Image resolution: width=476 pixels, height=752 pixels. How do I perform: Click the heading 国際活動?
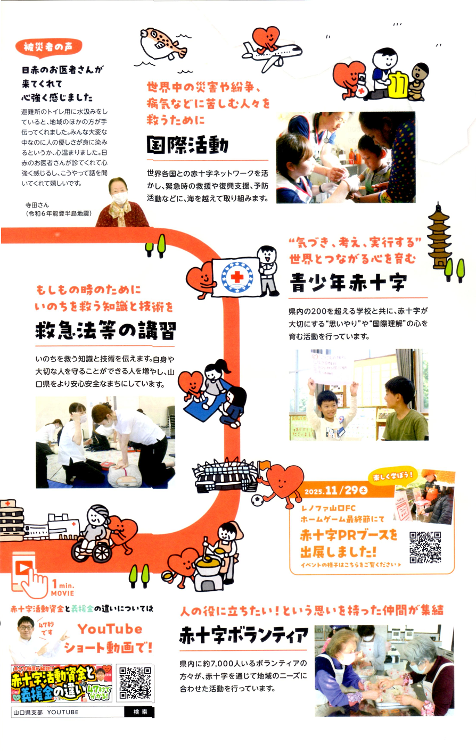click(x=188, y=145)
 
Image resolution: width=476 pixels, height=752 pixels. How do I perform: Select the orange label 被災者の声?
click(x=48, y=47)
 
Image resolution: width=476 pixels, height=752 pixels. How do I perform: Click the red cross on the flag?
click(x=237, y=277)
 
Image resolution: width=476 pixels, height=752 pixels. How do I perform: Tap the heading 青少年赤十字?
click(x=348, y=283)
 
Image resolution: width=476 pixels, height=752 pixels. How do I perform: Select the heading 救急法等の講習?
click(x=105, y=330)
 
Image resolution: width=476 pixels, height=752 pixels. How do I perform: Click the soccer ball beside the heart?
click(x=258, y=501)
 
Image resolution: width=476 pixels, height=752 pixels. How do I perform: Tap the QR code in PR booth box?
click(x=425, y=547)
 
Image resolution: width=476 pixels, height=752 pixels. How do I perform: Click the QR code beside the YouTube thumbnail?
click(x=135, y=683)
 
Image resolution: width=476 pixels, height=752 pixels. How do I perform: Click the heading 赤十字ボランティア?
click(x=243, y=635)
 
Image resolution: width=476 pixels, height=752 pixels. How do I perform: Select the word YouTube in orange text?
click(x=110, y=629)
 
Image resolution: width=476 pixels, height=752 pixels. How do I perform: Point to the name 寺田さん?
click(x=37, y=205)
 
